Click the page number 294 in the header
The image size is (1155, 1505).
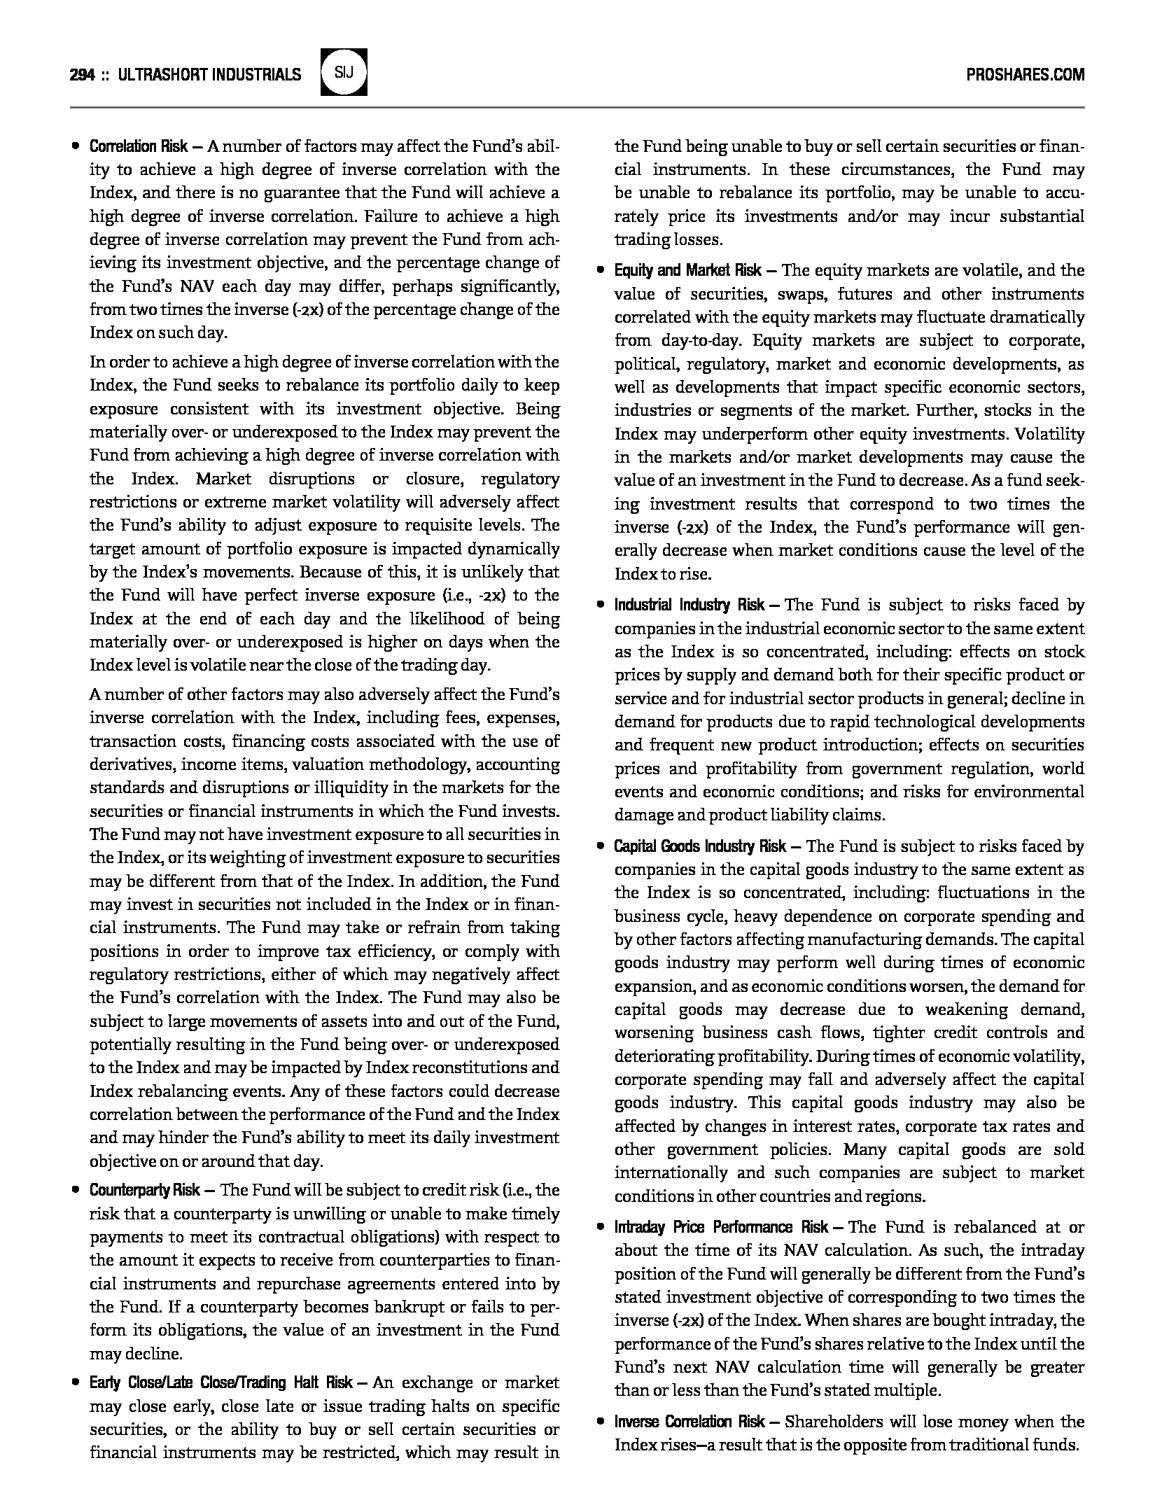(x=82, y=74)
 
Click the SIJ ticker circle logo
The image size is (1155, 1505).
(x=343, y=72)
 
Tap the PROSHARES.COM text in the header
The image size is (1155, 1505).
(x=1025, y=74)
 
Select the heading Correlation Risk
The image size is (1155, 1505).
(x=139, y=146)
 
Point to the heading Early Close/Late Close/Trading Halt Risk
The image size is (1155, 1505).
(x=220, y=1382)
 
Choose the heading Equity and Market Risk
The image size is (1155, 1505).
(x=687, y=270)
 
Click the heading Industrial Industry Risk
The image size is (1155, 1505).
(x=689, y=605)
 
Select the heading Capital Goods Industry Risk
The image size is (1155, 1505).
(x=700, y=846)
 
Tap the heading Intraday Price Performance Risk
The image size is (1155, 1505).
(x=722, y=1227)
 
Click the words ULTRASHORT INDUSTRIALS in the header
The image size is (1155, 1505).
(x=210, y=74)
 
